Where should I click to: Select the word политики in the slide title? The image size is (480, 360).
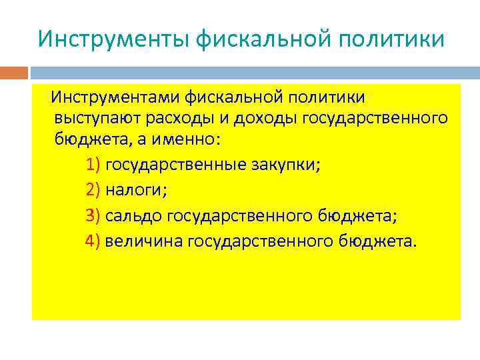pos(393,39)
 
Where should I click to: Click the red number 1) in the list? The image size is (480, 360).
pos(93,165)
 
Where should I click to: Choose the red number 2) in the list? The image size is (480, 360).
pos(93,190)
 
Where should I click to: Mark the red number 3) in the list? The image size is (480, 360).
pos(93,215)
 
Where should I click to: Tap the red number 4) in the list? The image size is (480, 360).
pos(93,240)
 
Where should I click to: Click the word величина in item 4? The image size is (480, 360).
pos(143,240)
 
